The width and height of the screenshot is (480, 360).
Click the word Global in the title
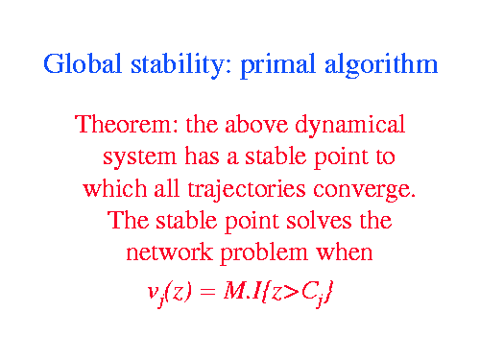point(83,63)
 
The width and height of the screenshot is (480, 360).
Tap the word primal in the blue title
point(277,65)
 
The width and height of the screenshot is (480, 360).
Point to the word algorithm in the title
point(381,65)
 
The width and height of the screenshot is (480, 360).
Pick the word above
point(256,124)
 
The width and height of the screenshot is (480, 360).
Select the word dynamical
point(350,126)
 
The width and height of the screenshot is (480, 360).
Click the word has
point(203,156)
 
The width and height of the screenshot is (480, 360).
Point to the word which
point(115,188)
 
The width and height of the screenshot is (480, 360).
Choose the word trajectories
point(247,190)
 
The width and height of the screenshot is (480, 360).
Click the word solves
point(319,220)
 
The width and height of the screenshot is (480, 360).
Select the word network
point(170,252)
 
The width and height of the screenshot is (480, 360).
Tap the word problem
point(264,254)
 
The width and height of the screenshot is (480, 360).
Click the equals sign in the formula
point(206,292)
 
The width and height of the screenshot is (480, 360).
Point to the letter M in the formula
point(234,290)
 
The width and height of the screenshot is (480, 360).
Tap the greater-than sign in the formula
point(291,292)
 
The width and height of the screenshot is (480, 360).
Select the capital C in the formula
point(308,290)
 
